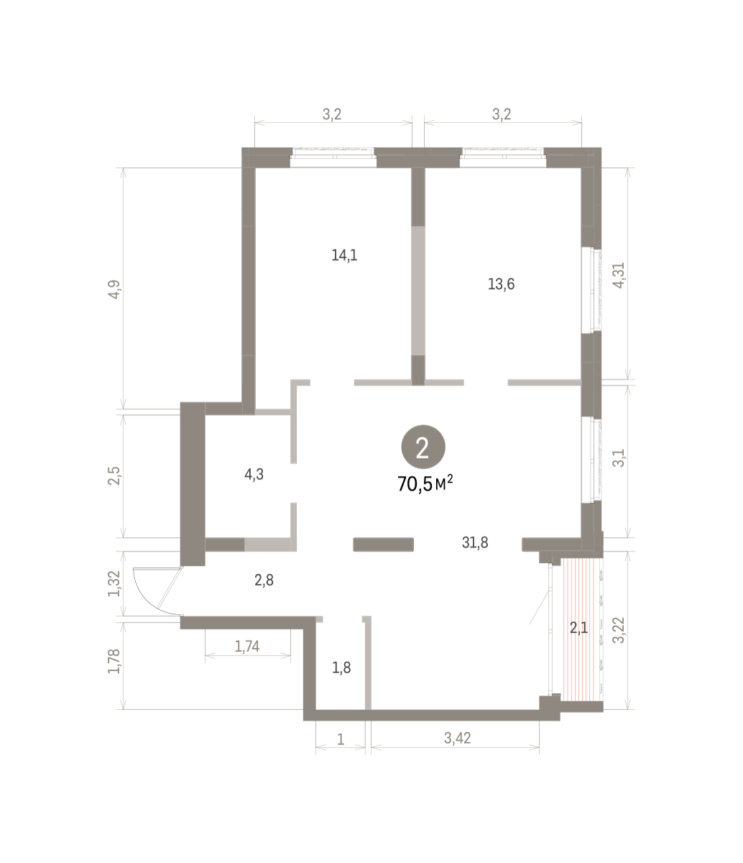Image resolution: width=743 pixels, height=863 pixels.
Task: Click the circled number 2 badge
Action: click(423, 447)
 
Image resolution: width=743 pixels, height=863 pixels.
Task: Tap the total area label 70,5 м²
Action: click(425, 484)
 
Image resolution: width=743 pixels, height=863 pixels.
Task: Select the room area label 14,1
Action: click(344, 255)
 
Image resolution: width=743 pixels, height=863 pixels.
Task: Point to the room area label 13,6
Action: click(501, 284)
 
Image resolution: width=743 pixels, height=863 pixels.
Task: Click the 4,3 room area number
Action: click(254, 475)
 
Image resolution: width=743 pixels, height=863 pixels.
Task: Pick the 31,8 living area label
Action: click(475, 543)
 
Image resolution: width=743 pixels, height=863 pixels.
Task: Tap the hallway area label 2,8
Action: click(264, 580)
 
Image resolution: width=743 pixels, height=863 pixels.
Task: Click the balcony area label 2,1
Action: click(578, 639)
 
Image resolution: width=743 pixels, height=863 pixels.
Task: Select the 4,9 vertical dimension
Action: click(114, 289)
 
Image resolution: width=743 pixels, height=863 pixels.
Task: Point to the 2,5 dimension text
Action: click(114, 475)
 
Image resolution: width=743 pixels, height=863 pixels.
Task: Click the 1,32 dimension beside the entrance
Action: click(114, 583)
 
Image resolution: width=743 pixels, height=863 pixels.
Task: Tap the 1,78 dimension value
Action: click(114, 661)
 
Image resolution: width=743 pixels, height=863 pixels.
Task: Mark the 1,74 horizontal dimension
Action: click(247, 647)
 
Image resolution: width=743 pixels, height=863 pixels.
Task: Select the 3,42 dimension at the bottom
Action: click(457, 738)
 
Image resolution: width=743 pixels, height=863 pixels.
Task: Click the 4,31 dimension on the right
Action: click(619, 275)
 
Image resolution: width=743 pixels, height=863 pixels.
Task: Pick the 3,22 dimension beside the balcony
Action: click(620, 631)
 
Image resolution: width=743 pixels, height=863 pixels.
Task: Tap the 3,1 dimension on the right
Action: click(619, 457)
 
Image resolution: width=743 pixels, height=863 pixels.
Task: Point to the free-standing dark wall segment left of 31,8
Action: click(384, 544)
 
